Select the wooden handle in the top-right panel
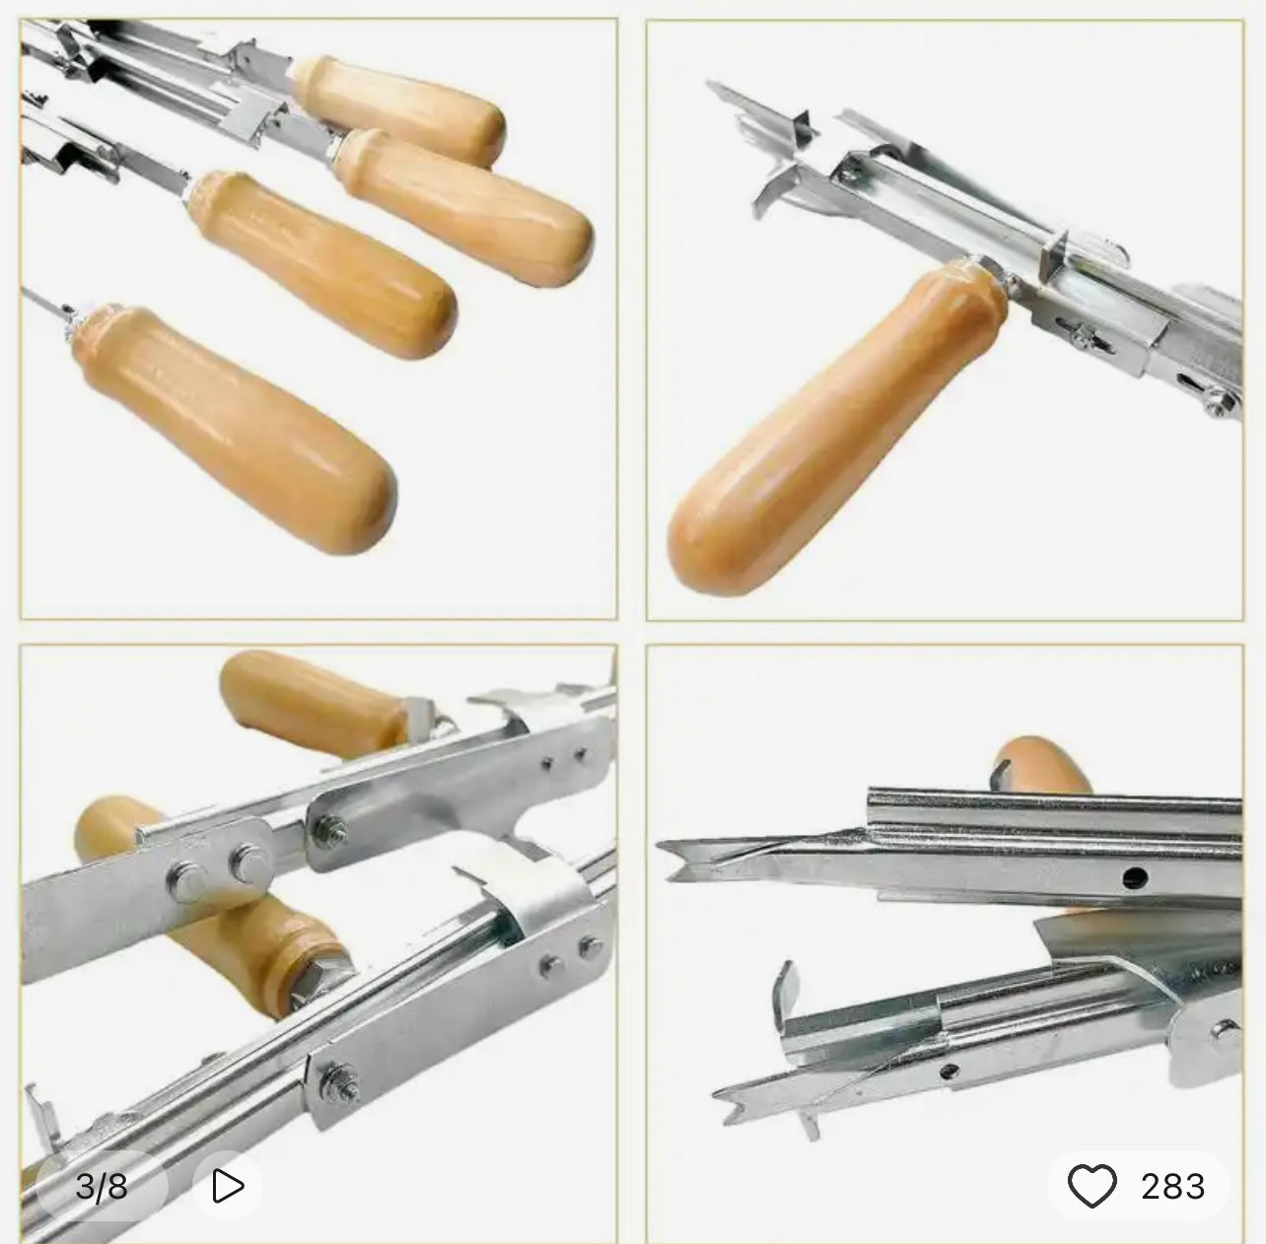[834, 427]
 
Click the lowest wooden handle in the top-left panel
[235, 429]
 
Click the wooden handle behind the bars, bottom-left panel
[210, 907]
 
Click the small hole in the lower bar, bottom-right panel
[949, 1071]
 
